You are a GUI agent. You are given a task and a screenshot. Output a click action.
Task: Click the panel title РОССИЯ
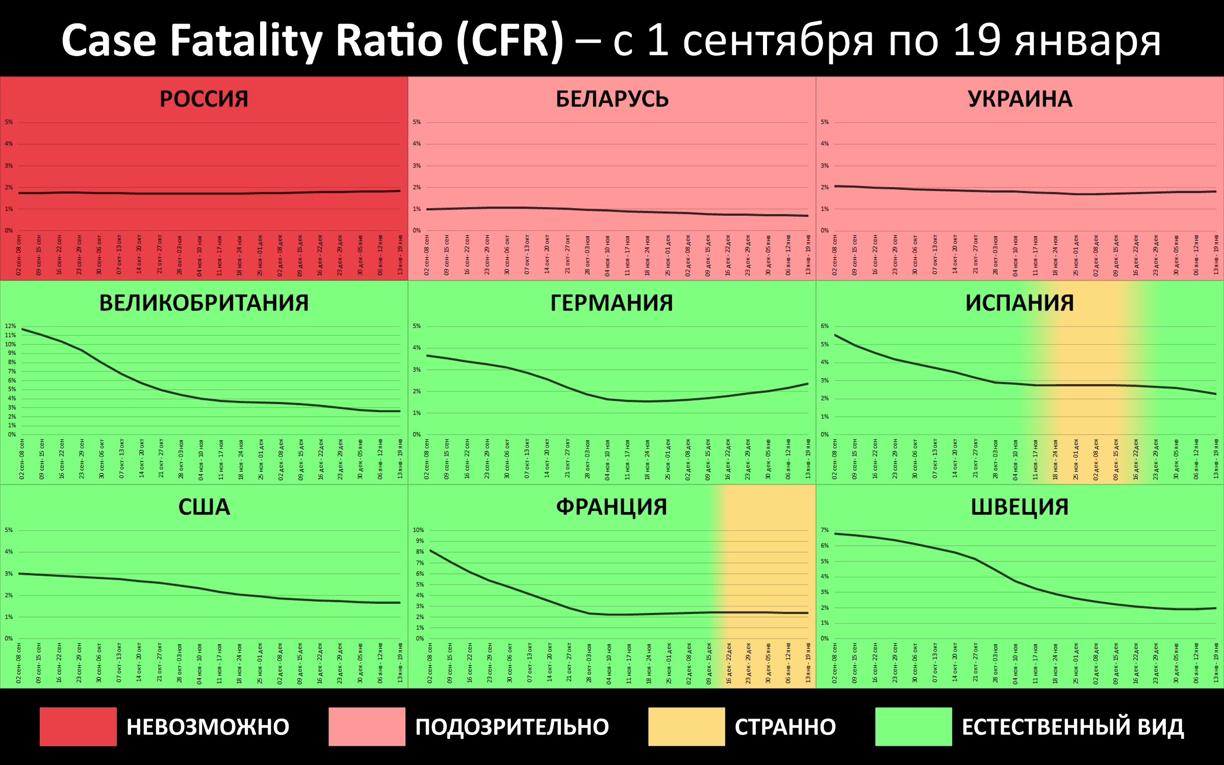204,99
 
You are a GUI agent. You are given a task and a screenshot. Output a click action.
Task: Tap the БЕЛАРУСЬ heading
612,99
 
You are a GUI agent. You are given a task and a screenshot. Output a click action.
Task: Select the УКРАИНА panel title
1020,99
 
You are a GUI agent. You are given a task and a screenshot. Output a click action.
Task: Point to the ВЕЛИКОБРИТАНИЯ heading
204,303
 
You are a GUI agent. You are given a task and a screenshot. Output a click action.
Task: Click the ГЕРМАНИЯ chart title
611,303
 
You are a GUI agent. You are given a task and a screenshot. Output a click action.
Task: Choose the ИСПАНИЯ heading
1019,303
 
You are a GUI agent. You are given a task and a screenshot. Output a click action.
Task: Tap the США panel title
204,507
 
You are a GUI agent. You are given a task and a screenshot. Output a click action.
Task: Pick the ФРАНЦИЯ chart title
611,507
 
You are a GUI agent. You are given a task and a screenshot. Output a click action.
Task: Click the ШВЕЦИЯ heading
1019,507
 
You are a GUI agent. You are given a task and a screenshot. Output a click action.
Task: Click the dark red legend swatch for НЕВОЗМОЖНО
78,726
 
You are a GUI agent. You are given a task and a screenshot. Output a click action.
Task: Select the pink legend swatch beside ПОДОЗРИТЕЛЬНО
367,726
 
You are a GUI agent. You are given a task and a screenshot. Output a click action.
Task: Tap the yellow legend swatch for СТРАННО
686,726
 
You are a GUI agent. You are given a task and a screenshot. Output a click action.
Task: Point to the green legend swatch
913,726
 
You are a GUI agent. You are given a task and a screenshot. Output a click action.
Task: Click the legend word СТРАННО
785,727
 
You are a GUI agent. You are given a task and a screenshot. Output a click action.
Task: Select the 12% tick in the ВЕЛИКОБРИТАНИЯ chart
10,326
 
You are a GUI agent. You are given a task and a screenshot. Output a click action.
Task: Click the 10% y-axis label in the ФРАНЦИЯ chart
418,530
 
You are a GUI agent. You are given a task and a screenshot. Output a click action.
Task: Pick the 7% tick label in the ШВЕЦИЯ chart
825,530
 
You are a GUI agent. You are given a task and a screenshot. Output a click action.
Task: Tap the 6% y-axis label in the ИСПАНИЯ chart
825,326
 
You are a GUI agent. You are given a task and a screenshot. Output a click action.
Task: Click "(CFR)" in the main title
510,41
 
